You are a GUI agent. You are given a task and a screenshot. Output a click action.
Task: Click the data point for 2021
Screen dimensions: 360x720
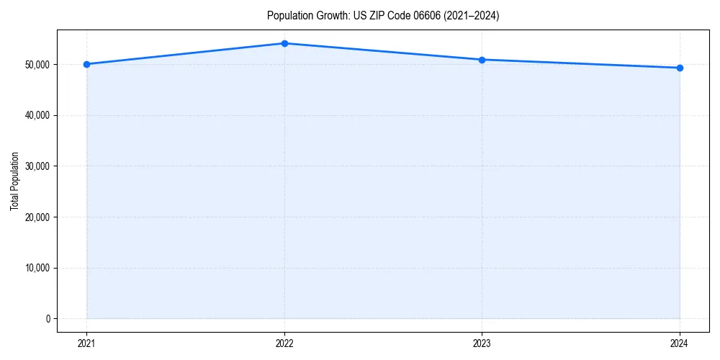click(86, 64)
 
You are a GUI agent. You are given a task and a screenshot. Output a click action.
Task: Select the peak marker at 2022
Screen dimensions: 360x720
click(284, 43)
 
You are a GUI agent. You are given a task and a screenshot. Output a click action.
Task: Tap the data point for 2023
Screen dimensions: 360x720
click(482, 60)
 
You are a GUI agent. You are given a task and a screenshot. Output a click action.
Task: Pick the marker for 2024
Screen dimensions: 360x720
click(680, 68)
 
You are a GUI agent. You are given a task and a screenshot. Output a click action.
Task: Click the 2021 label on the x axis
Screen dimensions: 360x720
click(86, 343)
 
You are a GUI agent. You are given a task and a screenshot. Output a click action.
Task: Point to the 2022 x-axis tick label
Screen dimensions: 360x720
click(284, 343)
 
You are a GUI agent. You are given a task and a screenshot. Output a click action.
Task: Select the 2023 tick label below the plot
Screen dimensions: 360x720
click(482, 343)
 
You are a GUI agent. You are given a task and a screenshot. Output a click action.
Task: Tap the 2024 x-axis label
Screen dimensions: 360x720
click(680, 343)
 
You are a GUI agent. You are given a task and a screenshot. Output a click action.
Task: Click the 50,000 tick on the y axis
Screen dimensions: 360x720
click(37, 65)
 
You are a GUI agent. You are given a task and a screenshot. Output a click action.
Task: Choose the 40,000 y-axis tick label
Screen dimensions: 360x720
click(37, 115)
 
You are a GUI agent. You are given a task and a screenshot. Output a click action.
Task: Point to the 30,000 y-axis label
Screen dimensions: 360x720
click(37, 166)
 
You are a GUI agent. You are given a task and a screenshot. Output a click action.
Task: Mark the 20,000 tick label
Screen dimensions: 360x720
click(37, 217)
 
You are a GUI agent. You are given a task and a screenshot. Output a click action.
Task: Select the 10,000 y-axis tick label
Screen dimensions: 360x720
click(37, 268)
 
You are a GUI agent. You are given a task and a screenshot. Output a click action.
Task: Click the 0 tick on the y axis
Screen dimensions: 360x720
click(48, 319)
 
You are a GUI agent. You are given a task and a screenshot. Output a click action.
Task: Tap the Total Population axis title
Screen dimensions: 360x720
click(14, 181)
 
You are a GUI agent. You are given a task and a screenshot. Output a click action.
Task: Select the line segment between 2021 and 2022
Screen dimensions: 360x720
click(185, 54)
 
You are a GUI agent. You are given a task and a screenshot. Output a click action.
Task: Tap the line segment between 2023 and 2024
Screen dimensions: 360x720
click(580, 64)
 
